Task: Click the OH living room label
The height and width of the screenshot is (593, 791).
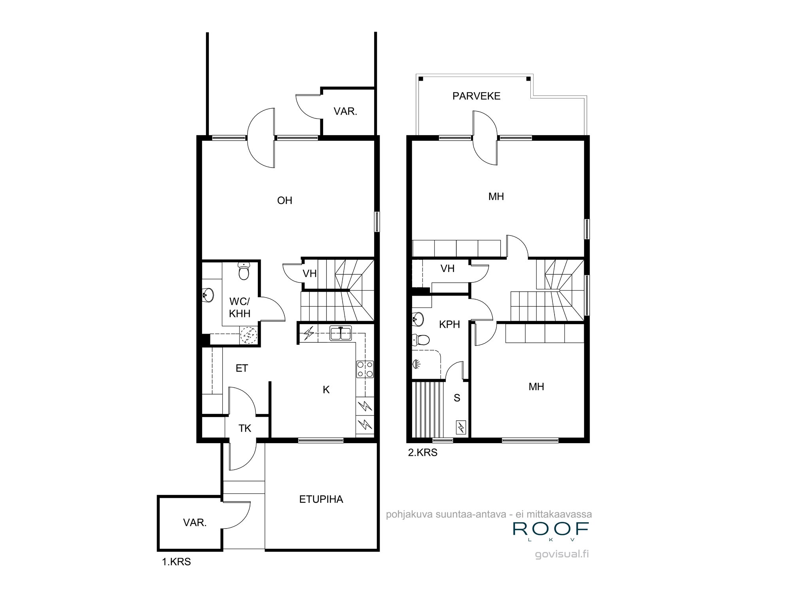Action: (285, 200)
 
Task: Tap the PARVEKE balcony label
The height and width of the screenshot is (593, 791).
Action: (476, 96)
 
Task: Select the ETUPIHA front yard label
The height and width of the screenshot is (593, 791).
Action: (321, 499)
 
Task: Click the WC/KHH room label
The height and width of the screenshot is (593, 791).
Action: (240, 308)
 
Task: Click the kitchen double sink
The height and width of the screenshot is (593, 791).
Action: (341, 333)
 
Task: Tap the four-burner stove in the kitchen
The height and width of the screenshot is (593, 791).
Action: (365, 369)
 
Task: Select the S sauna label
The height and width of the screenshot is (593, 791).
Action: (457, 398)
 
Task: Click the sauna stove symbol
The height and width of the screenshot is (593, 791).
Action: (461, 427)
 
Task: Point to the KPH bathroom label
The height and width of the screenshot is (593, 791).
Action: (449, 325)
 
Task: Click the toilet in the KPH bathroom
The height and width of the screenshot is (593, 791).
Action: (420, 340)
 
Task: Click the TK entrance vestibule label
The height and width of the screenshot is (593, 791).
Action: (245, 428)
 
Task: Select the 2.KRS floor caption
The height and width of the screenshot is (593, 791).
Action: (422, 453)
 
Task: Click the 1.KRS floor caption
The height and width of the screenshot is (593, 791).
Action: (176, 562)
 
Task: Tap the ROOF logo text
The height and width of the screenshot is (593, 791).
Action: (551, 529)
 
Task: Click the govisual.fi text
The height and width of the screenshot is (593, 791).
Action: (562, 554)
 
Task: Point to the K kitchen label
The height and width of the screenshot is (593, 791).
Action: (326, 390)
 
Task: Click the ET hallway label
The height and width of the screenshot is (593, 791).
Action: (242, 368)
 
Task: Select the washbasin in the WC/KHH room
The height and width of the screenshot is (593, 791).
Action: (207, 295)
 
